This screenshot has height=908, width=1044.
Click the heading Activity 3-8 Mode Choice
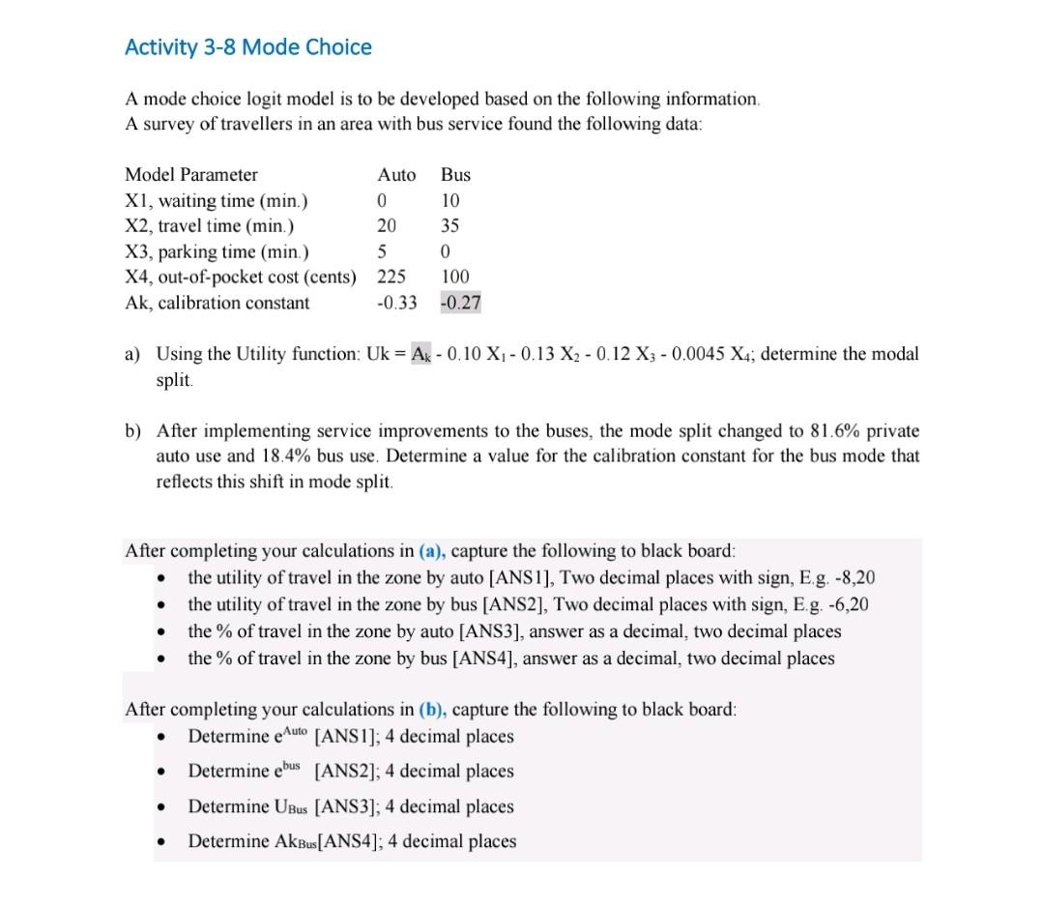248,47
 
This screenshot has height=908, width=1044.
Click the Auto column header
396,175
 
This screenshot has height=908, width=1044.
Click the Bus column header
455,175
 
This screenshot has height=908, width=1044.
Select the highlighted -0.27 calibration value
460,303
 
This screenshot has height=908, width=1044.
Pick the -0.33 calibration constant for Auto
396,303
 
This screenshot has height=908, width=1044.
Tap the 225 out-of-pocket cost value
391,278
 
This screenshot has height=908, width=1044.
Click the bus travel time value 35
450,226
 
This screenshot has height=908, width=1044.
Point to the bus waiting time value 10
450,201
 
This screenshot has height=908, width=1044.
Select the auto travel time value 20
387,226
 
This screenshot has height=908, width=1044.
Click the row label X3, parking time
217,252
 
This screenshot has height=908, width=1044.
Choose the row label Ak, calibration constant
217,303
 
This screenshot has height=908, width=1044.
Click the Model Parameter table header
191,175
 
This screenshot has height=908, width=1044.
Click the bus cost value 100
455,278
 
